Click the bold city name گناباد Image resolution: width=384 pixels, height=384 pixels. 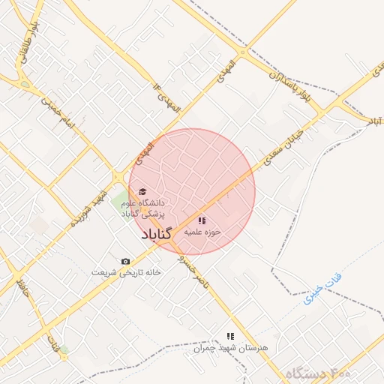tap(156, 235)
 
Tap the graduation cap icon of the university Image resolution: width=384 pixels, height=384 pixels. tap(142, 191)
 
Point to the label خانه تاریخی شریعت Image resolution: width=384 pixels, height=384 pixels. tap(126, 272)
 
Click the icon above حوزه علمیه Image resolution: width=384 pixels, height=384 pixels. tap(201, 220)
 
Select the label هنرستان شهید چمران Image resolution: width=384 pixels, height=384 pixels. tap(230, 348)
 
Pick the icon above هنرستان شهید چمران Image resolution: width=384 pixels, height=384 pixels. tap(230, 336)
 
